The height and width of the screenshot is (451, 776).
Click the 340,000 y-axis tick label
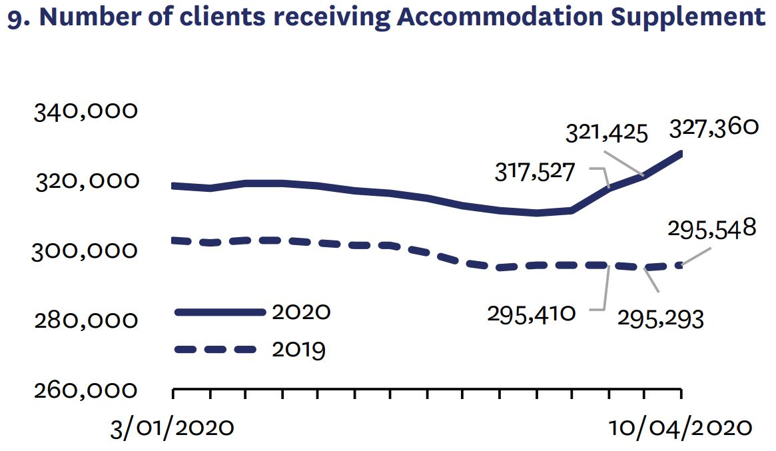86,111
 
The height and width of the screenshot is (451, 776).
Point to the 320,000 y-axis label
86,181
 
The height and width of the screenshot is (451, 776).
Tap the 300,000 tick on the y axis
85,251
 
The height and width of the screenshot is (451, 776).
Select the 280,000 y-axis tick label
86,321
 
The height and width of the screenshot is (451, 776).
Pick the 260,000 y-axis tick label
86,390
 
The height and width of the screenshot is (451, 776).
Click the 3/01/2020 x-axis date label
173,427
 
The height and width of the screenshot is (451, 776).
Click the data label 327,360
714,127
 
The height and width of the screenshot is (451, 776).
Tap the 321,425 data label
607,133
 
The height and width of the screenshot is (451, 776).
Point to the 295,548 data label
711,230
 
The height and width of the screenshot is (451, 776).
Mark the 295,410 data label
531,312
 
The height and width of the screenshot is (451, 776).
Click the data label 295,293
660,319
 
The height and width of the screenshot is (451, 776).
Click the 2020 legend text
301,312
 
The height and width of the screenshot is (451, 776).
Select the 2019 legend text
299,349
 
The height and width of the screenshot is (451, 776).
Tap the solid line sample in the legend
219,312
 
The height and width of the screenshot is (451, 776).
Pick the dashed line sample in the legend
215,349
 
